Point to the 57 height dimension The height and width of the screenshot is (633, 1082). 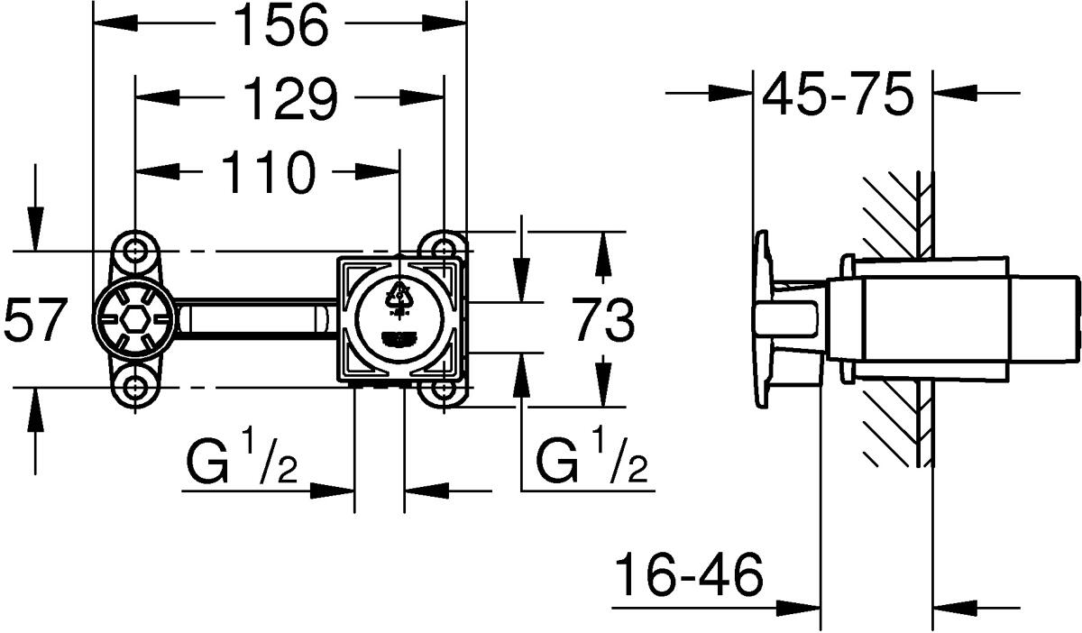point(35,322)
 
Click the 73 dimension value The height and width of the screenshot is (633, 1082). point(603,322)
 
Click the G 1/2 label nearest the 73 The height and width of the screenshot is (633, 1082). point(592,460)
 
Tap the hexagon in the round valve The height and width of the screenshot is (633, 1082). point(134,320)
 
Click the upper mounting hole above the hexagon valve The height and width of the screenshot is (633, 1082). point(134,249)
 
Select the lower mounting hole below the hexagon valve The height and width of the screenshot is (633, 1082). point(134,389)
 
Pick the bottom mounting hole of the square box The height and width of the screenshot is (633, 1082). point(443,390)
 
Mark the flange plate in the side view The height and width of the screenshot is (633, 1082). point(763,320)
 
